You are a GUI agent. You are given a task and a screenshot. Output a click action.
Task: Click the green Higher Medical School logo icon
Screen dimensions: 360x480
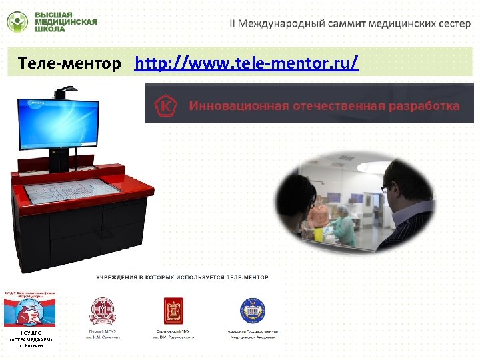point(18,21)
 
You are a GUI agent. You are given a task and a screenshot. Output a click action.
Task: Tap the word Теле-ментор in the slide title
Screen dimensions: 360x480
point(70,64)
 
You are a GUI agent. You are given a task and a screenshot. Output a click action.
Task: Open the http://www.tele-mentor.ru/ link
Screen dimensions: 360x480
point(246,64)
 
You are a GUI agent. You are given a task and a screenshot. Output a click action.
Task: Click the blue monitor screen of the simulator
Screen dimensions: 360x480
point(59,121)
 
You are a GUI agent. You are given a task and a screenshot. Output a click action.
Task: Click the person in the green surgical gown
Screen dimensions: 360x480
point(345,223)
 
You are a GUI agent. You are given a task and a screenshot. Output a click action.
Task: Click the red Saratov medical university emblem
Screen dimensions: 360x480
point(175,310)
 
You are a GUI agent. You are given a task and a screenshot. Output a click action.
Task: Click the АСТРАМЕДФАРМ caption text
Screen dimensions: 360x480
point(31,339)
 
